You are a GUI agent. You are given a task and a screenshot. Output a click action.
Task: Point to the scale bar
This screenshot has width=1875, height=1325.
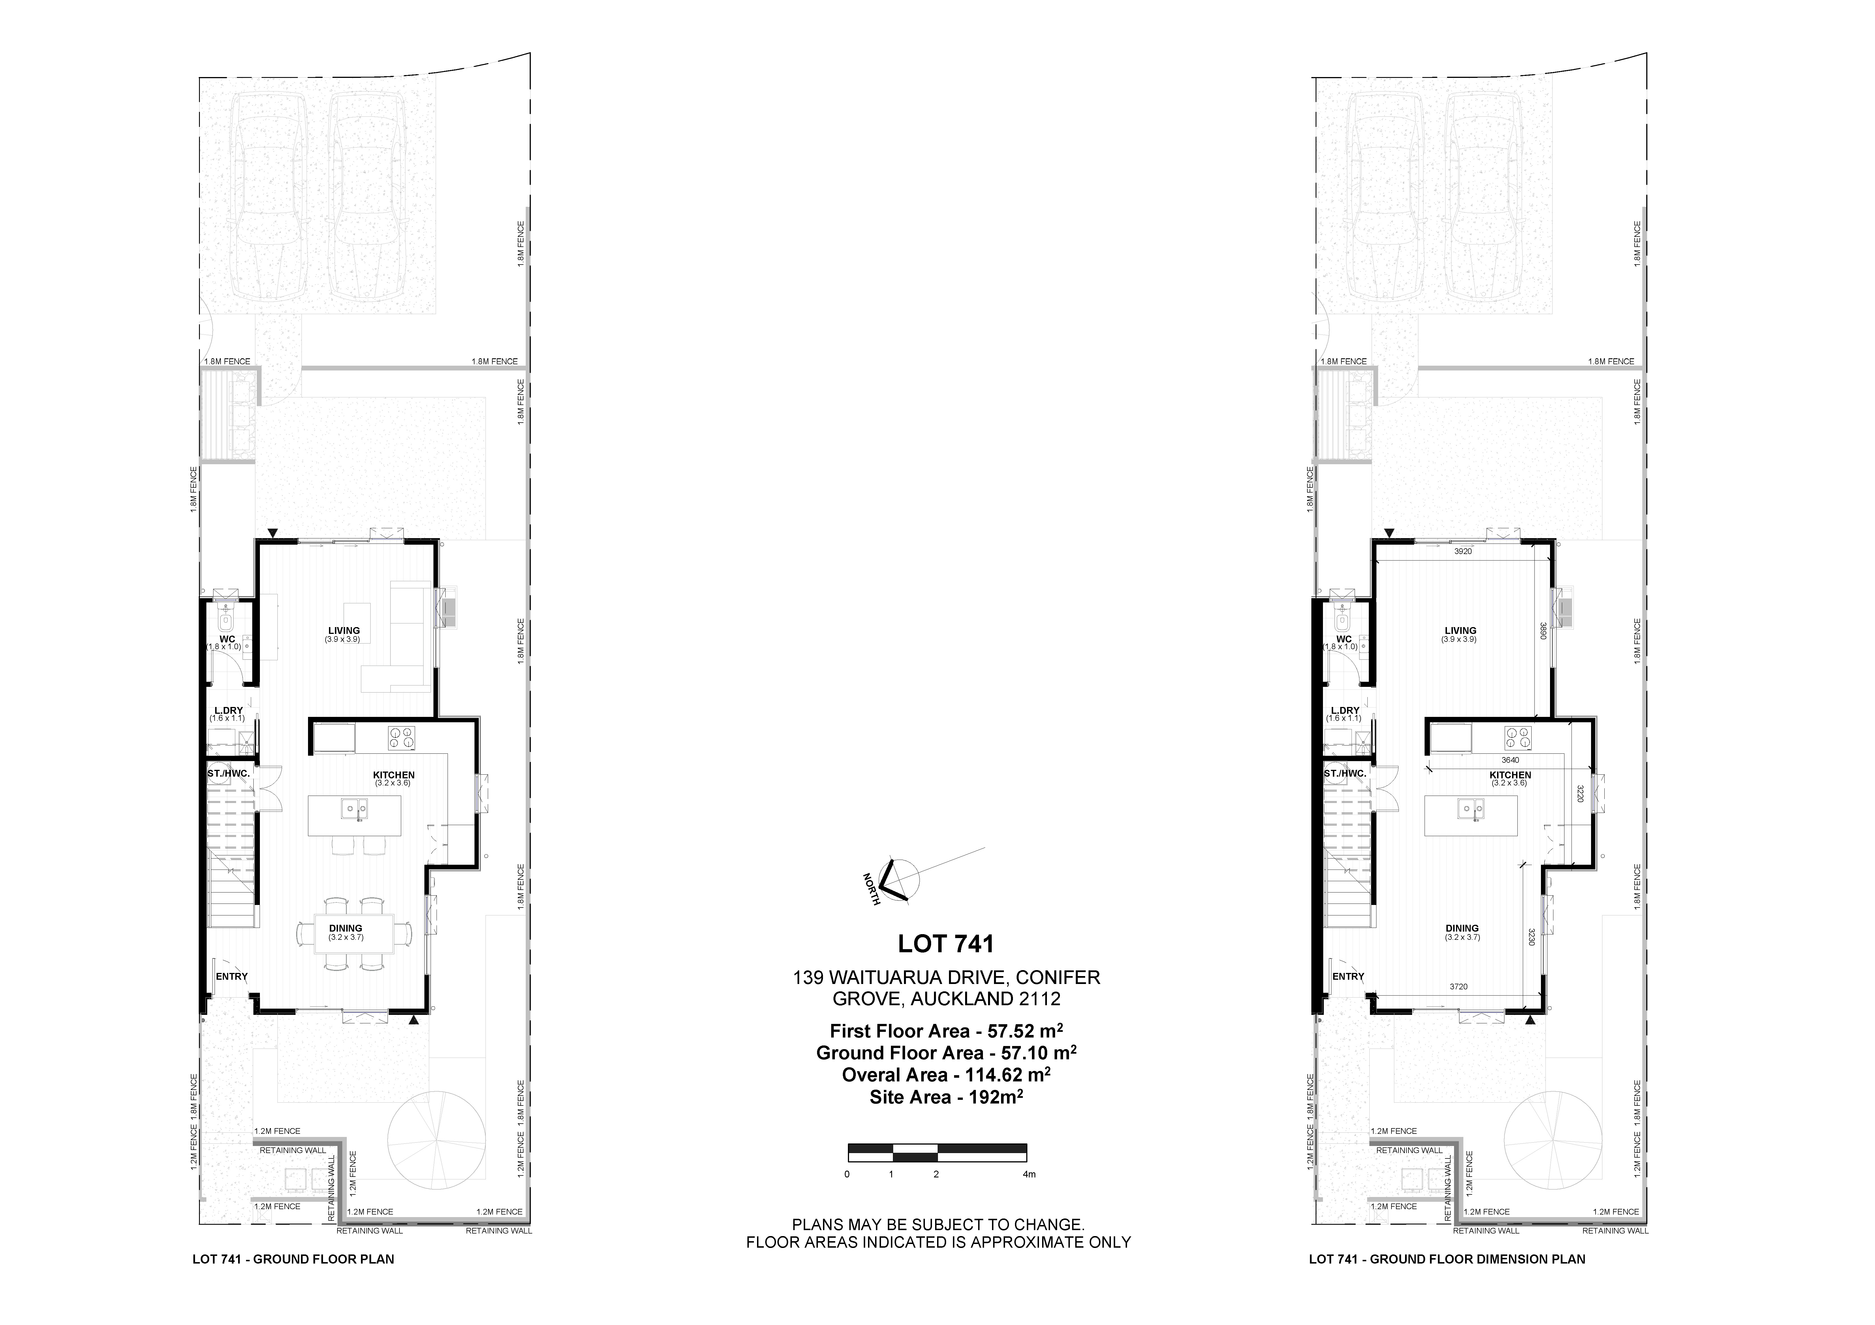pos(938,1153)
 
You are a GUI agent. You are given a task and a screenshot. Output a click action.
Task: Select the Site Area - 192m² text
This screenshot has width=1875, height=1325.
pos(946,1097)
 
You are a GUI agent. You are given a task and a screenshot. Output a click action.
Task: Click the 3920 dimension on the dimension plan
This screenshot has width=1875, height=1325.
pos(1463,551)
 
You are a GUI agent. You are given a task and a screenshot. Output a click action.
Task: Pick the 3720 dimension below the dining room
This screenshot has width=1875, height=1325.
pos(1459,987)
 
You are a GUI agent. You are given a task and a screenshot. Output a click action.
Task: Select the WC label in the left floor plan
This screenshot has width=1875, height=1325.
pos(227,639)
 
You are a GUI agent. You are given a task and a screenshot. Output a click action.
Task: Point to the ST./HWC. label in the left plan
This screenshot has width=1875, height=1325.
pos(228,773)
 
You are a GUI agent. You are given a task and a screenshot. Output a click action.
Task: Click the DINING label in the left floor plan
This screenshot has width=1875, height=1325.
pos(345,928)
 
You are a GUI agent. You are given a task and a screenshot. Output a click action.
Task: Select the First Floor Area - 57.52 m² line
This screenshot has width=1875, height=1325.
pos(946,1031)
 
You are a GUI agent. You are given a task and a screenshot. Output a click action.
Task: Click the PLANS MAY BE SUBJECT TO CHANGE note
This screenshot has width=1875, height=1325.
pos(938,1224)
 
